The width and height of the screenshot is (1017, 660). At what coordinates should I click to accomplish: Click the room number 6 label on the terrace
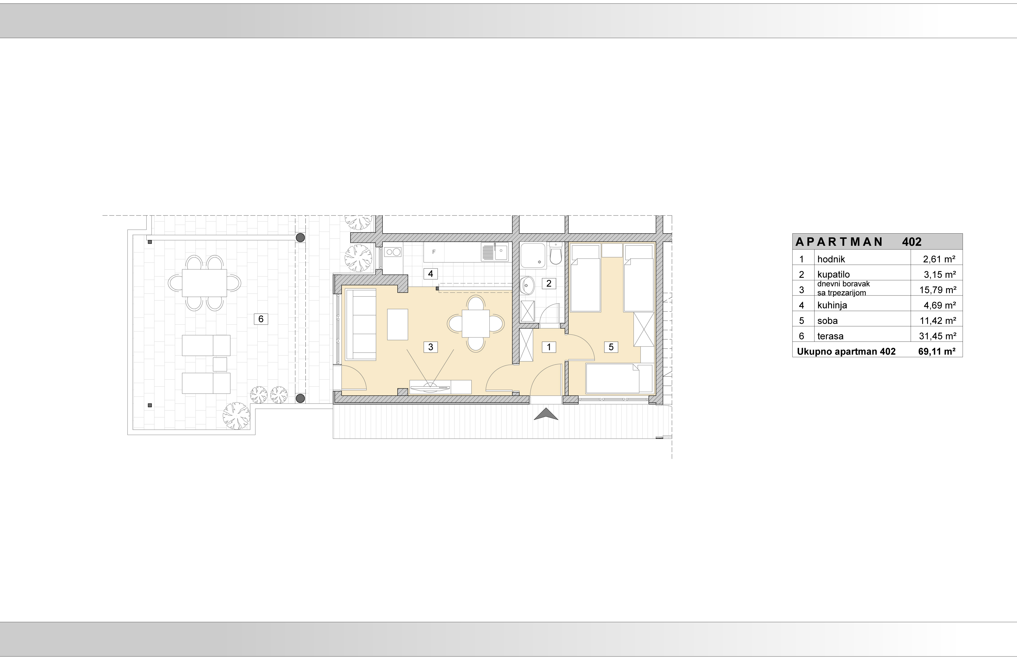(261, 319)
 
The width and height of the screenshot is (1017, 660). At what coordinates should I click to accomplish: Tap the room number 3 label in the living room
(431, 347)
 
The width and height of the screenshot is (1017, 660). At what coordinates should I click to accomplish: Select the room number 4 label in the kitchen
(431, 274)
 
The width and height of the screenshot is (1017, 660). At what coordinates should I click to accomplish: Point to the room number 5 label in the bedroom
(611, 347)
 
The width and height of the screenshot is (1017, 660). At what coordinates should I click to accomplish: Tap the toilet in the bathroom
(556, 254)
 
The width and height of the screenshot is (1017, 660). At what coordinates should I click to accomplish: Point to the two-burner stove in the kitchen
(393, 252)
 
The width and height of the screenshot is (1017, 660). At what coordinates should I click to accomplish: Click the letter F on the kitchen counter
(434, 252)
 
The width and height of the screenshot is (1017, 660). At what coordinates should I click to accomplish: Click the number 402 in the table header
(912, 242)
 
